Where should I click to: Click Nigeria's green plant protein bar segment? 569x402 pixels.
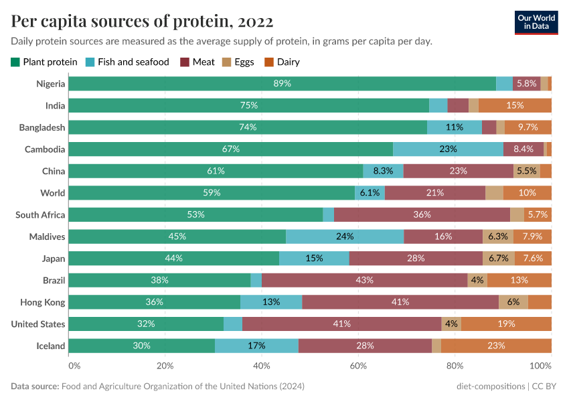point(282,84)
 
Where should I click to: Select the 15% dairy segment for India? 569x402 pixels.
point(515,105)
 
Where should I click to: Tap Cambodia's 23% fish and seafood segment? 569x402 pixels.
point(448,149)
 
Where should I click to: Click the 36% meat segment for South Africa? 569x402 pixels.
point(422,214)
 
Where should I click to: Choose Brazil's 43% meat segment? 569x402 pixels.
point(365,280)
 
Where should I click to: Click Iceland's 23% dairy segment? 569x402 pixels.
point(496,346)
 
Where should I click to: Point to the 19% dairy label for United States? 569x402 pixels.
point(506,324)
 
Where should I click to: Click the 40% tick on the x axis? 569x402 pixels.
point(262,366)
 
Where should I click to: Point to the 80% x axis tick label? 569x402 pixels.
point(455,366)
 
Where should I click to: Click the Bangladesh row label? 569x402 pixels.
point(42,127)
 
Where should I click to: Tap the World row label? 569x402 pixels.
point(52,193)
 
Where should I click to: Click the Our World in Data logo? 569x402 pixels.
point(537,21)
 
